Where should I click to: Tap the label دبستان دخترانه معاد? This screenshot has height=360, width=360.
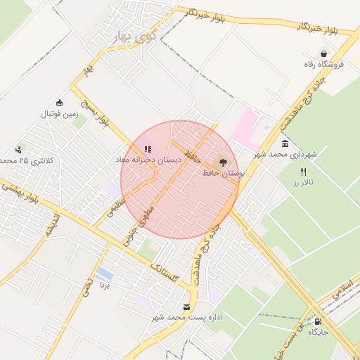(148, 160)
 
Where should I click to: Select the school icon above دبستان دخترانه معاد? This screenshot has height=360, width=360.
(148, 149)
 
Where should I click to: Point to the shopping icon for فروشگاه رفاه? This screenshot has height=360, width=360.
(323, 53)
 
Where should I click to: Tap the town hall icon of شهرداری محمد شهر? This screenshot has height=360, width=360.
(285, 143)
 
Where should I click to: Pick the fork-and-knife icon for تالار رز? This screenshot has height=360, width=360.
(304, 172)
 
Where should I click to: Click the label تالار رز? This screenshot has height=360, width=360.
(304, 183)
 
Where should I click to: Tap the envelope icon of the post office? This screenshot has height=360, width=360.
(186, 307)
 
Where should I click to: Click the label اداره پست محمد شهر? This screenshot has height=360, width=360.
(186, 318)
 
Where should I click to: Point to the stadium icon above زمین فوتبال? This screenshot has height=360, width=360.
(59, 103)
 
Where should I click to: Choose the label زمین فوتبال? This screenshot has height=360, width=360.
(59, 114)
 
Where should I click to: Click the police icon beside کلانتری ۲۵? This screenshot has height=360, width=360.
(18, 149)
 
